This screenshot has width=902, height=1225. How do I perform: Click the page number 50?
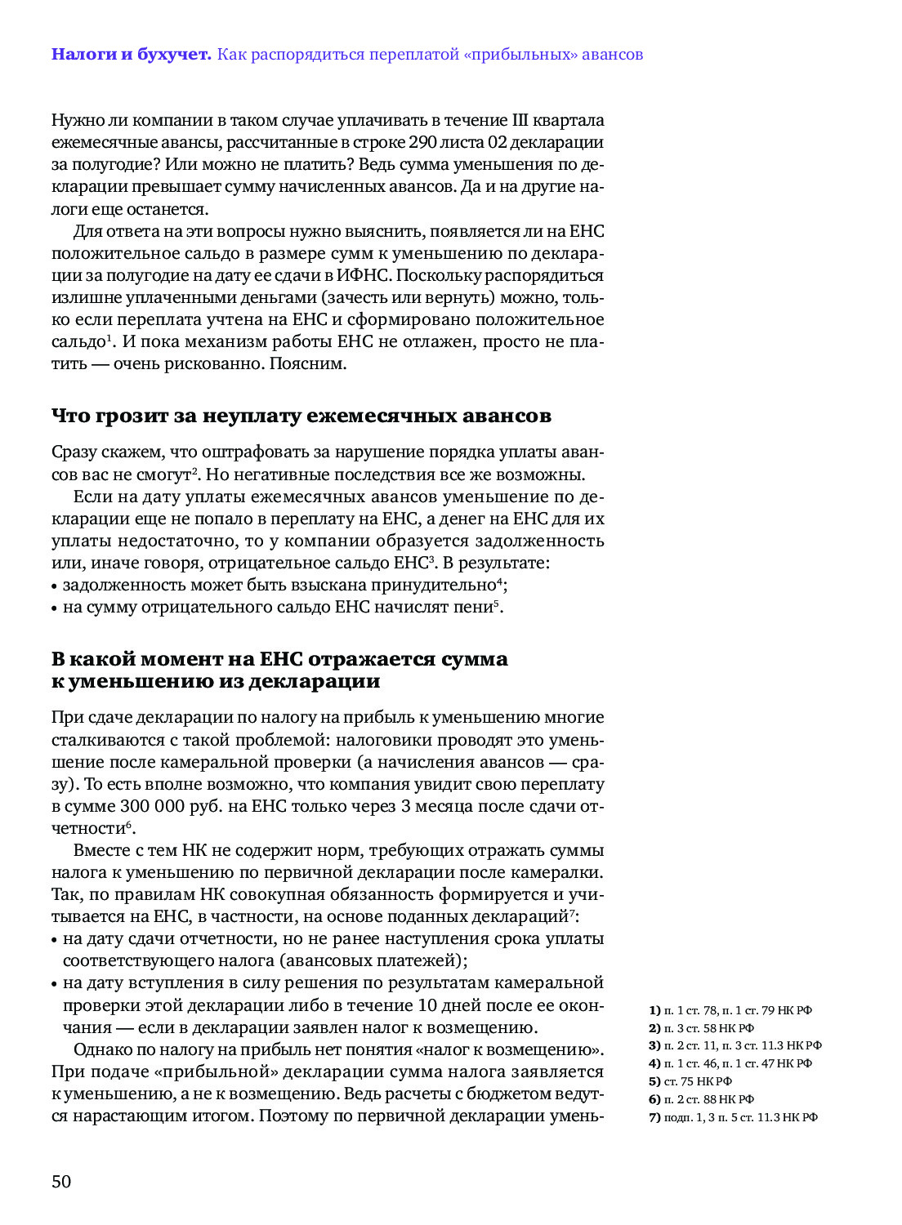[61, 1182]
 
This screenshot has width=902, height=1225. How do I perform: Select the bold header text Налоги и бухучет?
[131, 55]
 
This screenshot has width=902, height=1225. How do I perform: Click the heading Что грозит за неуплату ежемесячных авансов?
[301, 416]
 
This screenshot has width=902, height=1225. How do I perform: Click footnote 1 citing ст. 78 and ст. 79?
[730, 1011]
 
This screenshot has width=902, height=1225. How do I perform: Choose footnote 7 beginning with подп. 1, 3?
[733, 1118]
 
